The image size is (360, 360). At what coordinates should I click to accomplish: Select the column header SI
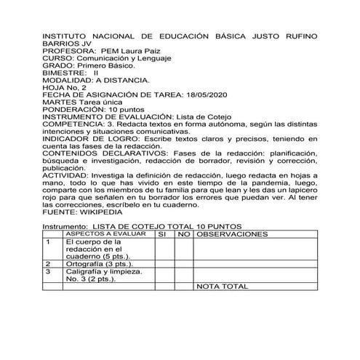click(164, 236)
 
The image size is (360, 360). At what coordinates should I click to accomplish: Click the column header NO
click(183, 236)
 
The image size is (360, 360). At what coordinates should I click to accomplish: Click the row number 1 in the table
click(49, 242)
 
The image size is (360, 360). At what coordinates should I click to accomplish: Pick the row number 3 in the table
click(49, 272)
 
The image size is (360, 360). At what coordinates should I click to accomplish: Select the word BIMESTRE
click(65, 73)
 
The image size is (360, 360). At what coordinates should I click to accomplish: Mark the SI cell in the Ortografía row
click(164, 264)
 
